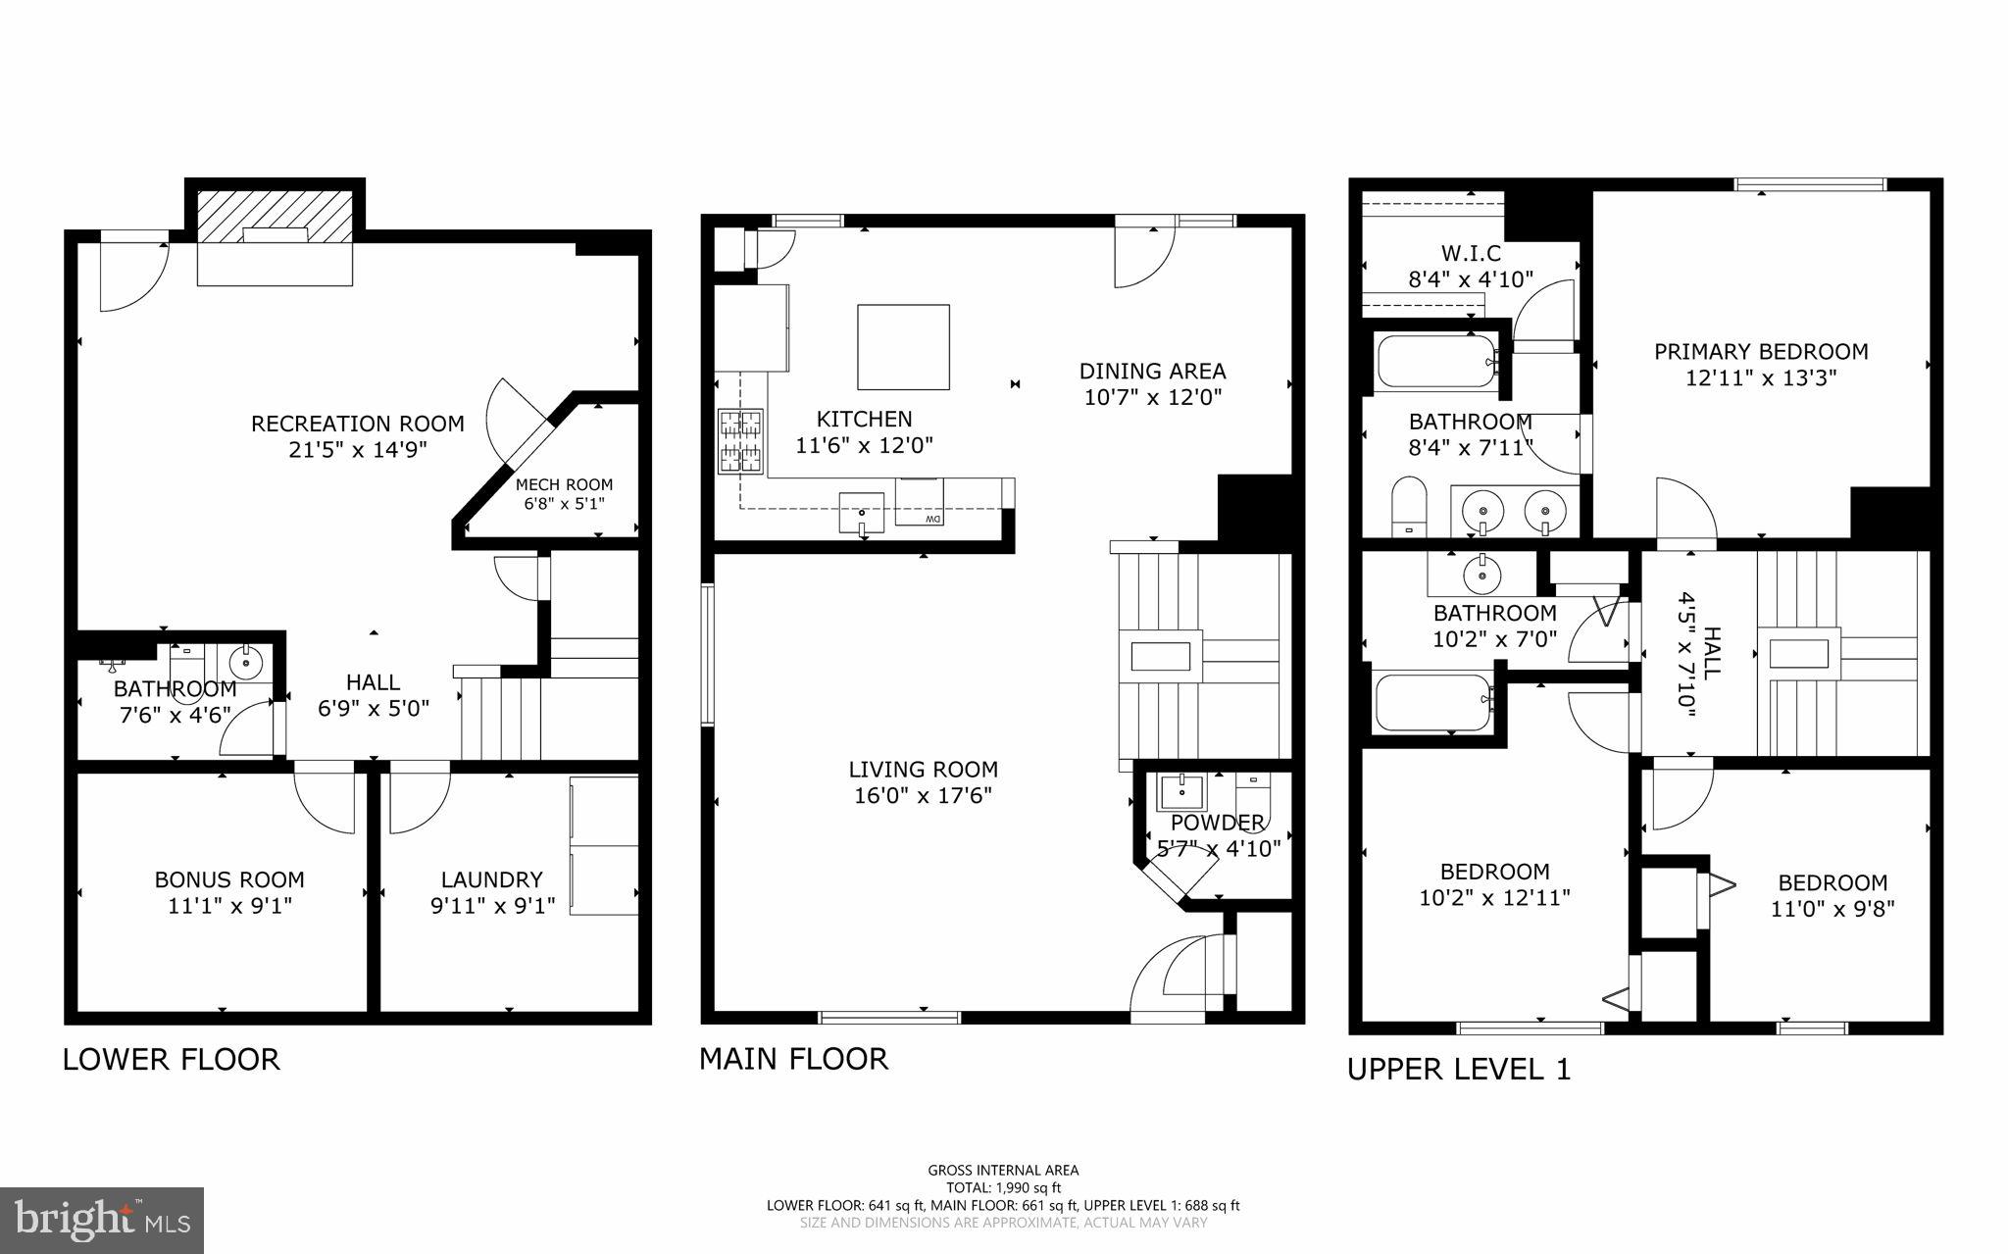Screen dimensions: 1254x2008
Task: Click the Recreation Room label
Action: point(357,424)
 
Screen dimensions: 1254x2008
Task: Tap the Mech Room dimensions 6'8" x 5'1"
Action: point(564,504)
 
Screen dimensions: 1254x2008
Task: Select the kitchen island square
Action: point(903,347)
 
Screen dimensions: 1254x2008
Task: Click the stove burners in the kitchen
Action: point(740,441)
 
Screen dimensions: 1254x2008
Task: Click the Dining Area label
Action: point(1152,372)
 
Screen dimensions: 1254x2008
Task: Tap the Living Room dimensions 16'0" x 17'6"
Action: point(923,796)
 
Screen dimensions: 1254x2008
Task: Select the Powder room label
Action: point(1217,823)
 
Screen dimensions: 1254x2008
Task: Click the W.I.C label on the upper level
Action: point(1471,254)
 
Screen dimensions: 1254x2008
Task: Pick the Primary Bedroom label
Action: point(1761,351)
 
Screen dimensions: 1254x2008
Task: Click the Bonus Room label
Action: point(229,879)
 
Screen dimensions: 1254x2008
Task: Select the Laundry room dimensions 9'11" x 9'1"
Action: point(492,905)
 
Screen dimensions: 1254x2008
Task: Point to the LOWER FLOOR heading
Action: point(172,1060)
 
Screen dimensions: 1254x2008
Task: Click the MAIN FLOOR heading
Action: point(793,1059)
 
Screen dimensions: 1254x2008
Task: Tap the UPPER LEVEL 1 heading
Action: point(1458,1070)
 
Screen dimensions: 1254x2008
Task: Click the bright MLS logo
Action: point(103,1220)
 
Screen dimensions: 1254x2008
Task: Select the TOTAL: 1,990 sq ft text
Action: point(1003,1188)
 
